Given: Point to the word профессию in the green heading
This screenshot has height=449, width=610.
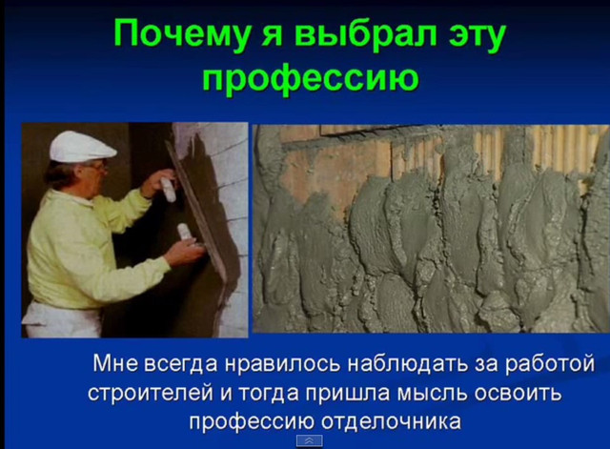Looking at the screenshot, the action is point(311,78).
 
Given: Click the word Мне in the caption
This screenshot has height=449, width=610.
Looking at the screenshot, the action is point(115,363).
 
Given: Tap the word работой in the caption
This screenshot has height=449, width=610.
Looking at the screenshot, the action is point(550,364).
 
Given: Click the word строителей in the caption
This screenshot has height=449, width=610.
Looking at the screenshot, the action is point(151,394).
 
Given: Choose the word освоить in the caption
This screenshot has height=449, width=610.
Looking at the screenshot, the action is point(518,394).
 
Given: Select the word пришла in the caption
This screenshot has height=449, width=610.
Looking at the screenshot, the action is point(347,394).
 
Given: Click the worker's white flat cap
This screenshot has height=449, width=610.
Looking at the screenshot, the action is point(82,146).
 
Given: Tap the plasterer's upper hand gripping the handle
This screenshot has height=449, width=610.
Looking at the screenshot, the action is point(157,183).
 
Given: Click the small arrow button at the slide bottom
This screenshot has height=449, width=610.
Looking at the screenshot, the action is point(309,440).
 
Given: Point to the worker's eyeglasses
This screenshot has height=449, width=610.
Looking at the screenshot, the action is point(99,167).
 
